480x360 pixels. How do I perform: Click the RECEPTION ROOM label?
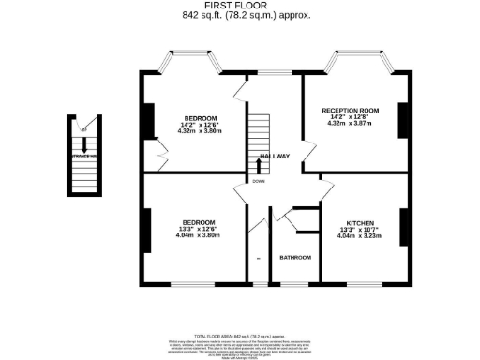[350, 111]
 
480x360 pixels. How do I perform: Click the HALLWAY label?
[275, 156]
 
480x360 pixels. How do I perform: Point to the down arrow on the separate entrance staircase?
[85, 142]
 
